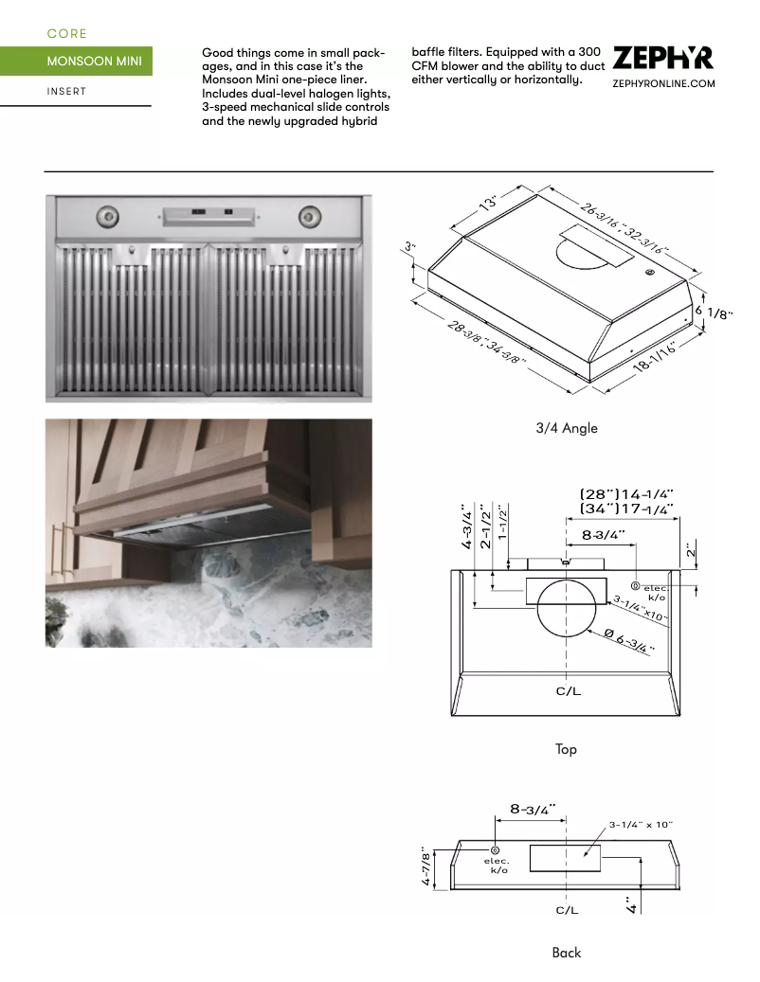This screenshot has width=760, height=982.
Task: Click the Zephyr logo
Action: [x=662, y=59]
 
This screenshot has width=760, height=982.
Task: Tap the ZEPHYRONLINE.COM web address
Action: [x=662, y=84]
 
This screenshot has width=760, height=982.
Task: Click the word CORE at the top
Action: [x=66, y=34]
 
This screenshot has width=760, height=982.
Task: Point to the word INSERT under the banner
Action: [x=66, y=92]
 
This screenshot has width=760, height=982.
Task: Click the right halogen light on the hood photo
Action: [x=309, y=217]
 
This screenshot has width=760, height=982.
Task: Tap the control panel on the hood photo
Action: [x=209, y=215]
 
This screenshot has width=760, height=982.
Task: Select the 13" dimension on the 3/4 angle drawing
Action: [x=489, y=205]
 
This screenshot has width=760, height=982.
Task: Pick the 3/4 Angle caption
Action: [x=567, y=428]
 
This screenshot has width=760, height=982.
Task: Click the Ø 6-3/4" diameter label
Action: [x=628, y=641]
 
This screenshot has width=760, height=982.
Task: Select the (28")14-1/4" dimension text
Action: [x=626, y=493]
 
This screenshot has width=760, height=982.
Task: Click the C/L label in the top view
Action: [x=567, y=691]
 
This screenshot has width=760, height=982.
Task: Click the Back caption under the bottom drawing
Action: [x=566, y=953]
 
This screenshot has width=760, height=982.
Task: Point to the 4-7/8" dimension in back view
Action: [x=426, y=866]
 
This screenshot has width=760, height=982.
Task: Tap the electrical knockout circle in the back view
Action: [x=496, y=849]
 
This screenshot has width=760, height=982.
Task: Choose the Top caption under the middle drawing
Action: [x=566, y=749]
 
